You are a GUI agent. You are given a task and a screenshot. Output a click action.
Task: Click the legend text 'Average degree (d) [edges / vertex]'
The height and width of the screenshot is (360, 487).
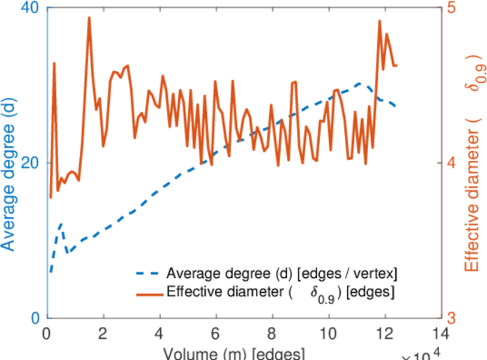[282, 274]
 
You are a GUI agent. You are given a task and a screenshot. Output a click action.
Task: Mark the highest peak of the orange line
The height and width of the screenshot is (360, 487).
[89, 18]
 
